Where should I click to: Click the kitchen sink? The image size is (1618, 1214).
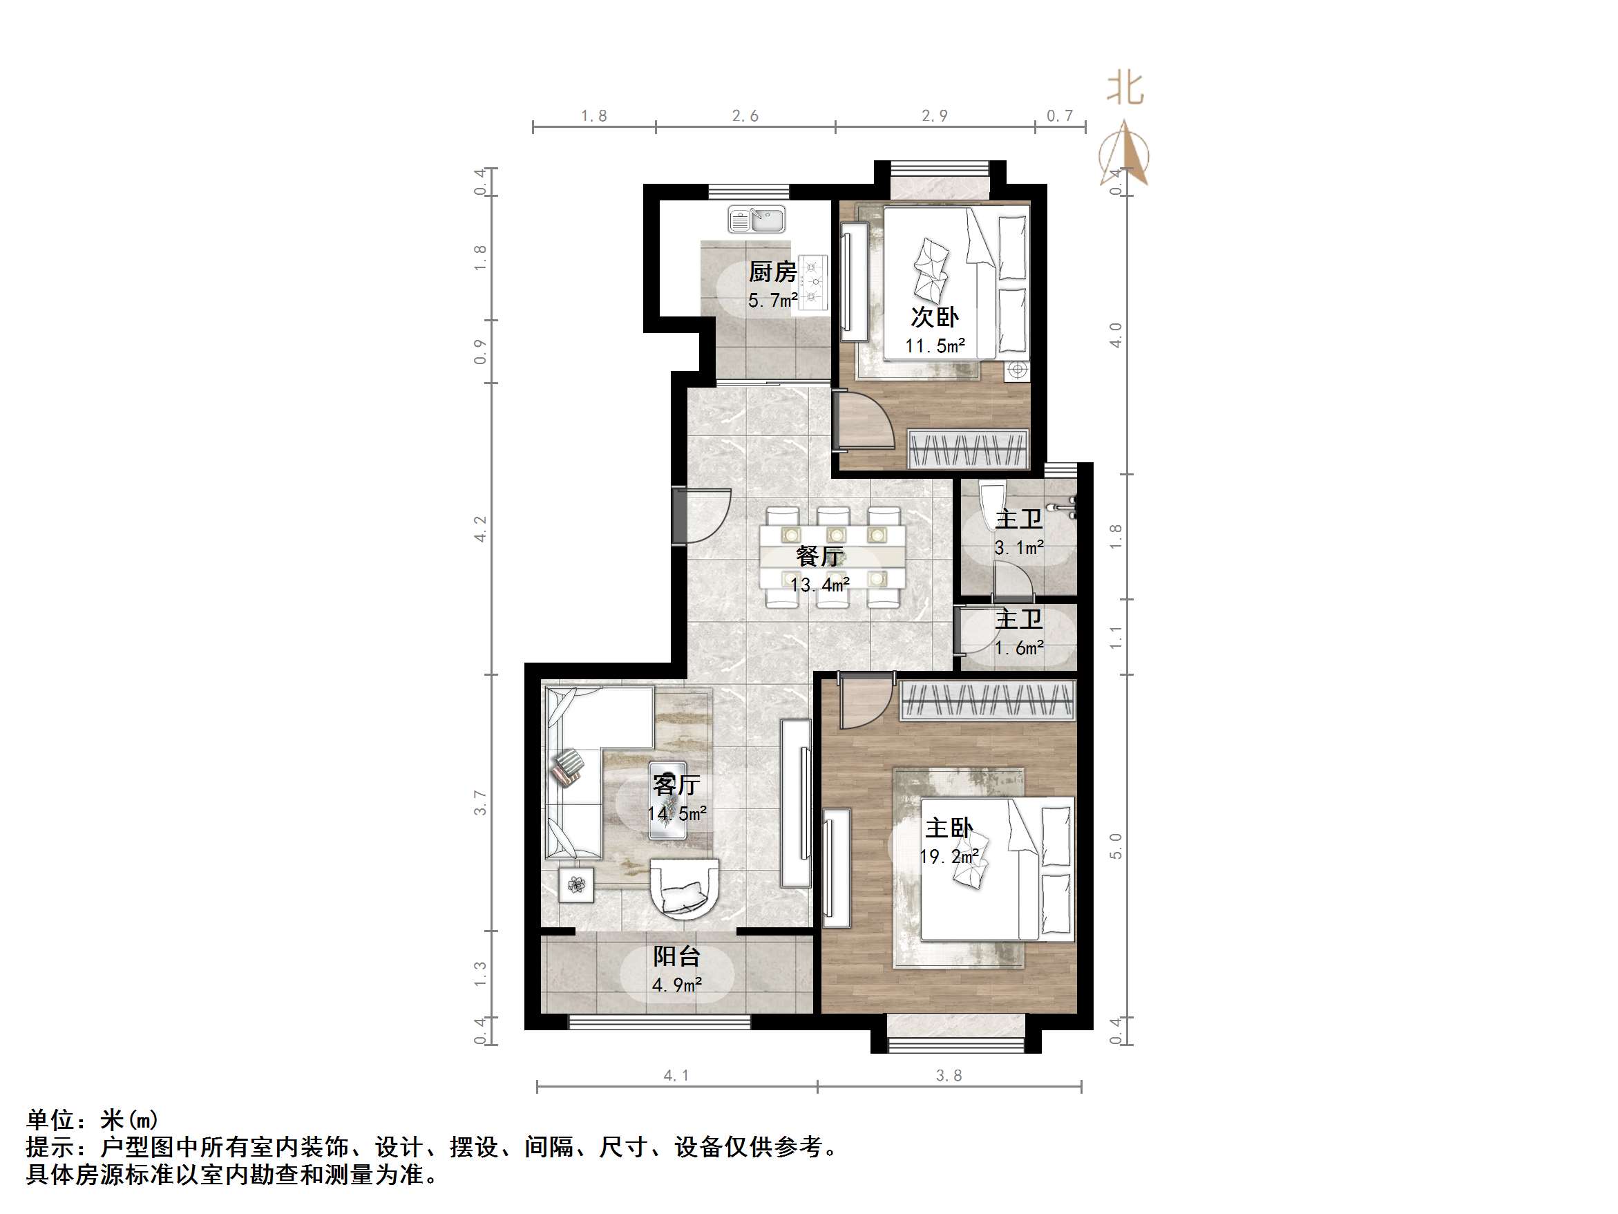[x=756, y=219]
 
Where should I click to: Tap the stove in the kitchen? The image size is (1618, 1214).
[x=812, y=282]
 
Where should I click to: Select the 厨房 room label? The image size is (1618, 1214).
[x=772, y=272]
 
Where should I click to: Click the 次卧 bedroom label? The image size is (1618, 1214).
[x=934, y=318]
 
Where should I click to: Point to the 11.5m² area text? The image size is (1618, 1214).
[x=935, y=346]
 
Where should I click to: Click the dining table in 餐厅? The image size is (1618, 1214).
[x=832, y=557]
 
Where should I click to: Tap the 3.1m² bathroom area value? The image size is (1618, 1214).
[x=1018, y=547]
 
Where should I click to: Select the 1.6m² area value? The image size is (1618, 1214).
[x=1018, y=648]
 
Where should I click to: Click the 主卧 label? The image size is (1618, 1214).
[x=949, y=828]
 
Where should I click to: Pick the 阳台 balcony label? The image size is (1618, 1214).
[x=676, y=956]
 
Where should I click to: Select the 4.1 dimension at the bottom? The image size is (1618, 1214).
[x=676, y=1075]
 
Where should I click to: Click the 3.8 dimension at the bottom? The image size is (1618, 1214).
[x=949, y=1075]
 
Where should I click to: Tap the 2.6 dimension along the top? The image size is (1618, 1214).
[x=745, y=115]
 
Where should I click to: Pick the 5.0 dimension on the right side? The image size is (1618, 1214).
[x=1116, y=846]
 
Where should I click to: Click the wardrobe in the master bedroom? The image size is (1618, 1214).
[x=987, y=699]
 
